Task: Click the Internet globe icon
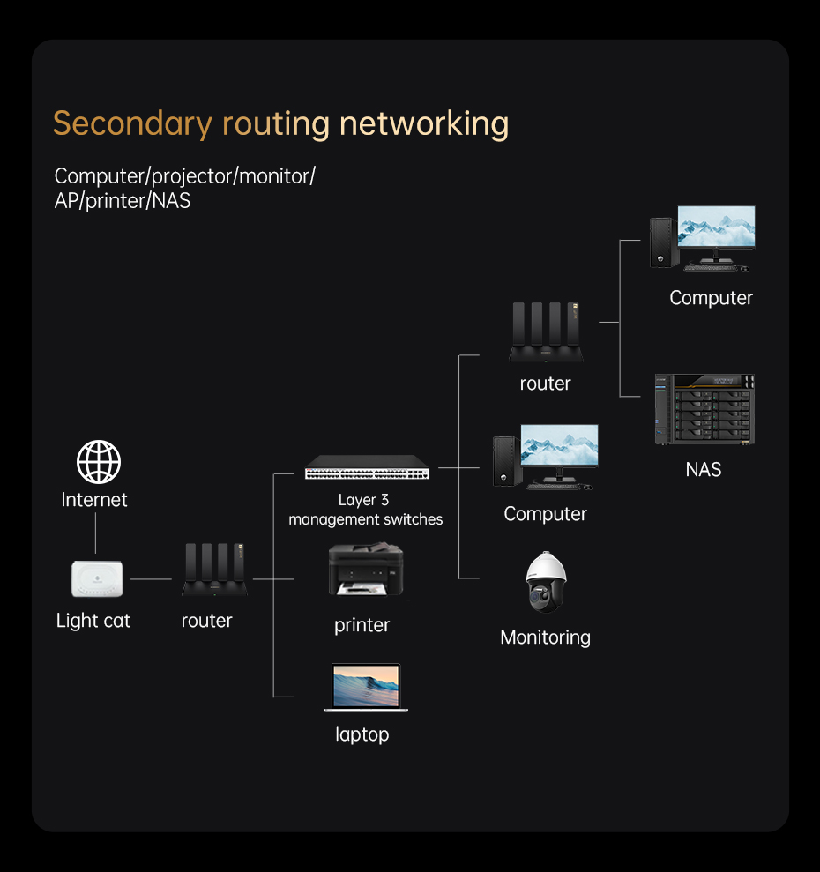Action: click(x=98, y=461)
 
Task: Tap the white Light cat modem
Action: click(x=97, y=578)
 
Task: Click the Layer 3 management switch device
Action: click(x=367, y=467)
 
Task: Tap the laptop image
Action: click(x=366, y=687)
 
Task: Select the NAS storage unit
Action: click(x=704, y=408)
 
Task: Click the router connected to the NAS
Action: click(x=546, y=333)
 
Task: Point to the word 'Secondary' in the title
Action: click(x=132, y=123)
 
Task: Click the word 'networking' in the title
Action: click(x=424, y=123)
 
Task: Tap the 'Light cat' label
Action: click(x=93, y=621)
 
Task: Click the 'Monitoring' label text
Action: click(x=545, y=637)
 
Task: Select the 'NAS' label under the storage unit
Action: click(x=704, y=469)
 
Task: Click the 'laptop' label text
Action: click(x=362, y=734)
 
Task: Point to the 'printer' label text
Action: click(x=362, y=625)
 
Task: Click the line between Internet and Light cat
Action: click(x=95, y=533)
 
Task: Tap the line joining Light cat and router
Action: click(x=151, y=579)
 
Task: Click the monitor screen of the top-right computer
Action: click(x=716, y=227)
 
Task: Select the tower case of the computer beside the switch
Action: click(x=503, y=460)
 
